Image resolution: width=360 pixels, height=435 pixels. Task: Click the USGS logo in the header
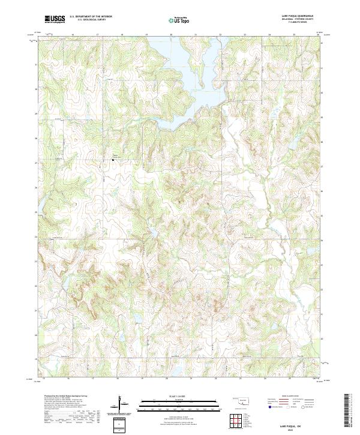[55, 19]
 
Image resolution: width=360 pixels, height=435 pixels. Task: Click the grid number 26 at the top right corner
[318, 35]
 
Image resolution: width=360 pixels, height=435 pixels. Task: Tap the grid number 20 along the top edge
[171, 35]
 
